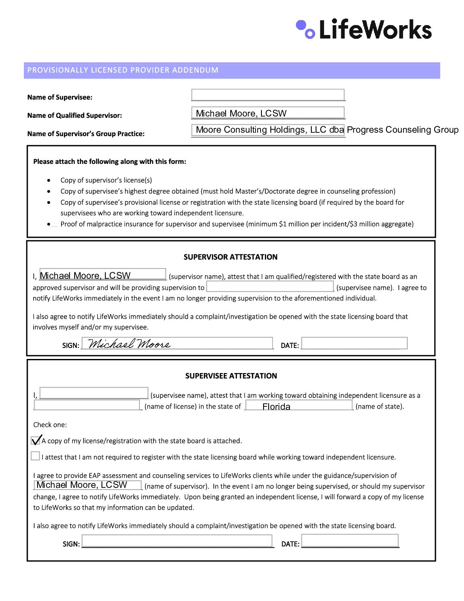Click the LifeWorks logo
point(363,29)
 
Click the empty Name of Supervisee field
point(268,95)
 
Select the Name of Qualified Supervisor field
point(268,113)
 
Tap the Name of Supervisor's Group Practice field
point(268,130)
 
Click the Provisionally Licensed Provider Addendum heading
point(123,70)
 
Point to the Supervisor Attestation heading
point(230,257)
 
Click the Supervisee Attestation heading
point(231,376)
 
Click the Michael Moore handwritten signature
point(129,344)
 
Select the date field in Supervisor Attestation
point(354,343)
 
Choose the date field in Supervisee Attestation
point(350,541)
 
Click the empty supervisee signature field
point(177,541)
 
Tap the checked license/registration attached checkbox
point(36,440)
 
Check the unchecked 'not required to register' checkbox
point(35,456)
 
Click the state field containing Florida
point(299,406)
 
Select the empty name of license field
point(87,405)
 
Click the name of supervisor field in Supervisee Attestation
point(87,485)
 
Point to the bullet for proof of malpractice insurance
point(49,224)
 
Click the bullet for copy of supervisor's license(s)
point(49,181)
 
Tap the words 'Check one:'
point(50,425)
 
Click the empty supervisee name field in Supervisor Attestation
point(270,286)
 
